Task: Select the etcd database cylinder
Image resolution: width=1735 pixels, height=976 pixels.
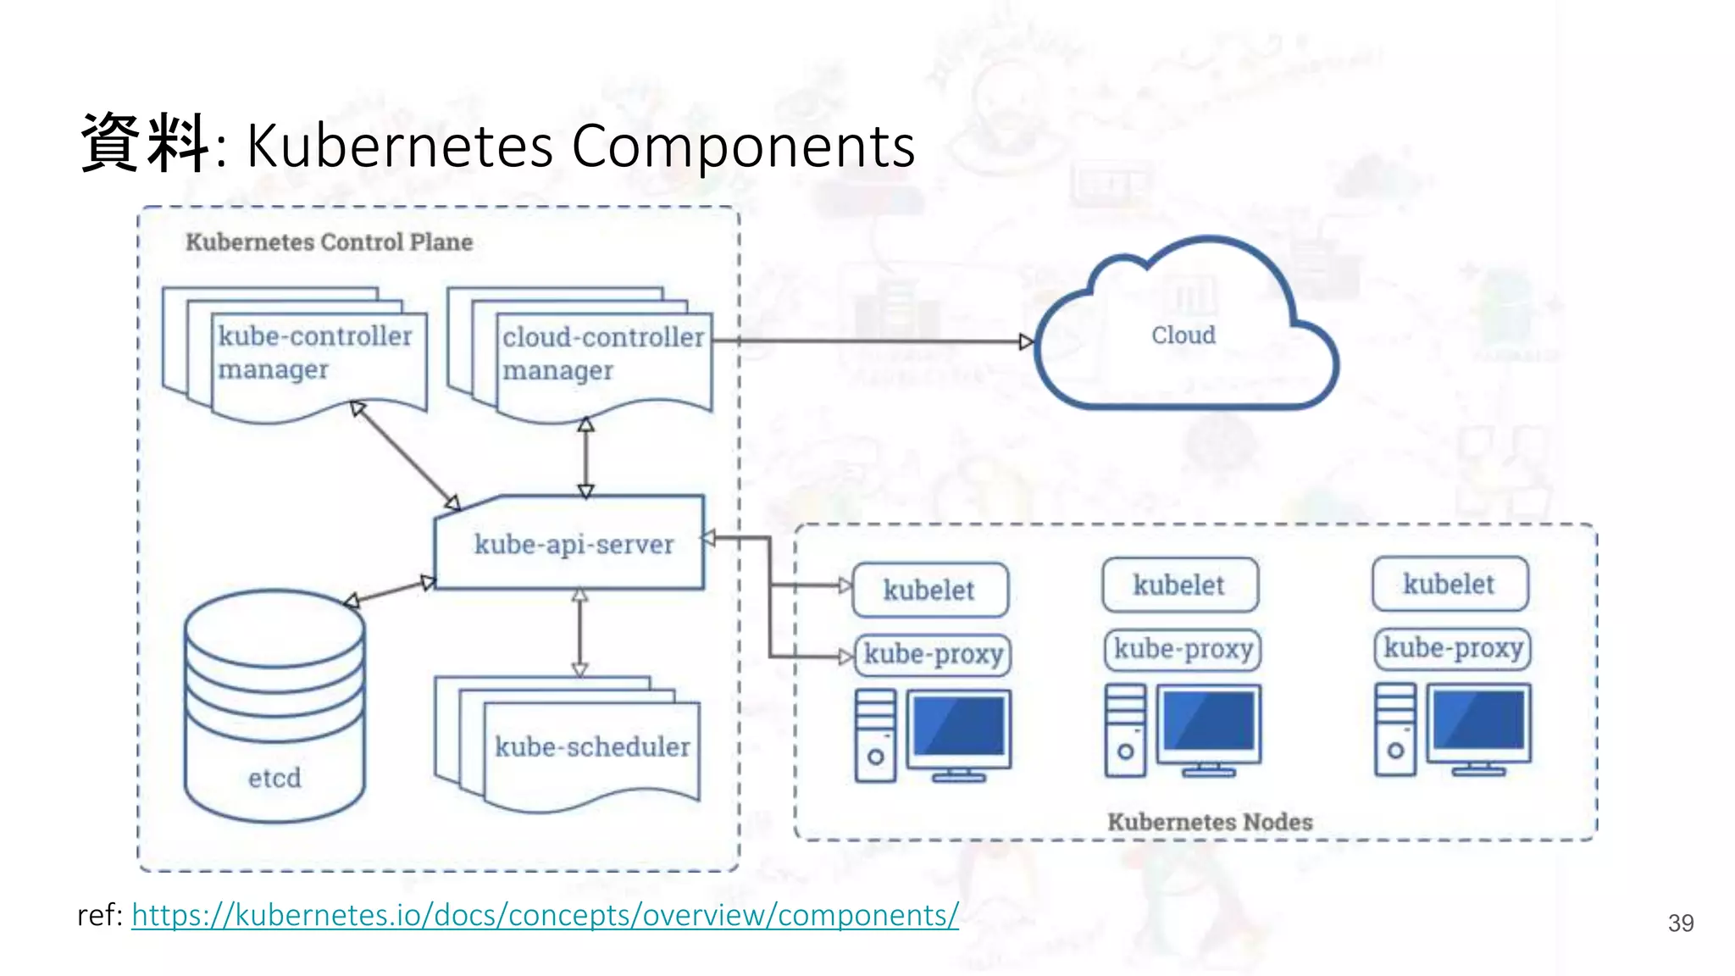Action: tap(274, 707)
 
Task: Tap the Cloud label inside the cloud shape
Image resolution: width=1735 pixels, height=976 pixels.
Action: tap(1183, 335)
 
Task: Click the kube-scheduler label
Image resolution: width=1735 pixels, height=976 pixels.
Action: tap(592, 746)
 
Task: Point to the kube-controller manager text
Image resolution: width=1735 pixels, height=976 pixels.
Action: tap(314, 352)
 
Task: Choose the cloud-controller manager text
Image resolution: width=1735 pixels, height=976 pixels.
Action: tap(602, 353)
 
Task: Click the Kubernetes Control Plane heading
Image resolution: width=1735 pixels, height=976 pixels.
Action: tap(329, 242)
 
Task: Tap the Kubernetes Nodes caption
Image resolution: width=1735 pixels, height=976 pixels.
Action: tap(1210, 822)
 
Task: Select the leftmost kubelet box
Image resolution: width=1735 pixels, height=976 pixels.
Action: tap(929, 590)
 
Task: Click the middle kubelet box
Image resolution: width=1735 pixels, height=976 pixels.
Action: tap(1179, 585)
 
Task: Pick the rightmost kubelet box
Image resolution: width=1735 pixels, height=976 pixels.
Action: tap(1450, 584)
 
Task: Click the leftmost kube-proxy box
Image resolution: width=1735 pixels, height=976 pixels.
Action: tap(933, 655)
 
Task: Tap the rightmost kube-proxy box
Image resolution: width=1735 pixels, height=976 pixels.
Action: tap(1452, 649)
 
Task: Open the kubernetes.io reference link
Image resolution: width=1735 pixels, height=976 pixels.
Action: tap(545, 915)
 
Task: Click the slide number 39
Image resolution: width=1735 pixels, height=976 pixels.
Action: tap(1680, 923)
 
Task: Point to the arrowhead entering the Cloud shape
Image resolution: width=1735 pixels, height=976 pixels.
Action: tap(1026, 342)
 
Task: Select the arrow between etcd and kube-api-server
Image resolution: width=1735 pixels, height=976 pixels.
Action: tap(390, 591)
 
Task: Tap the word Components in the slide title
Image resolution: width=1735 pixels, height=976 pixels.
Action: tap(743, 146)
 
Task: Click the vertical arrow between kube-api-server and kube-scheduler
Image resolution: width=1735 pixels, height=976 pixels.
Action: tap(579, 632)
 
